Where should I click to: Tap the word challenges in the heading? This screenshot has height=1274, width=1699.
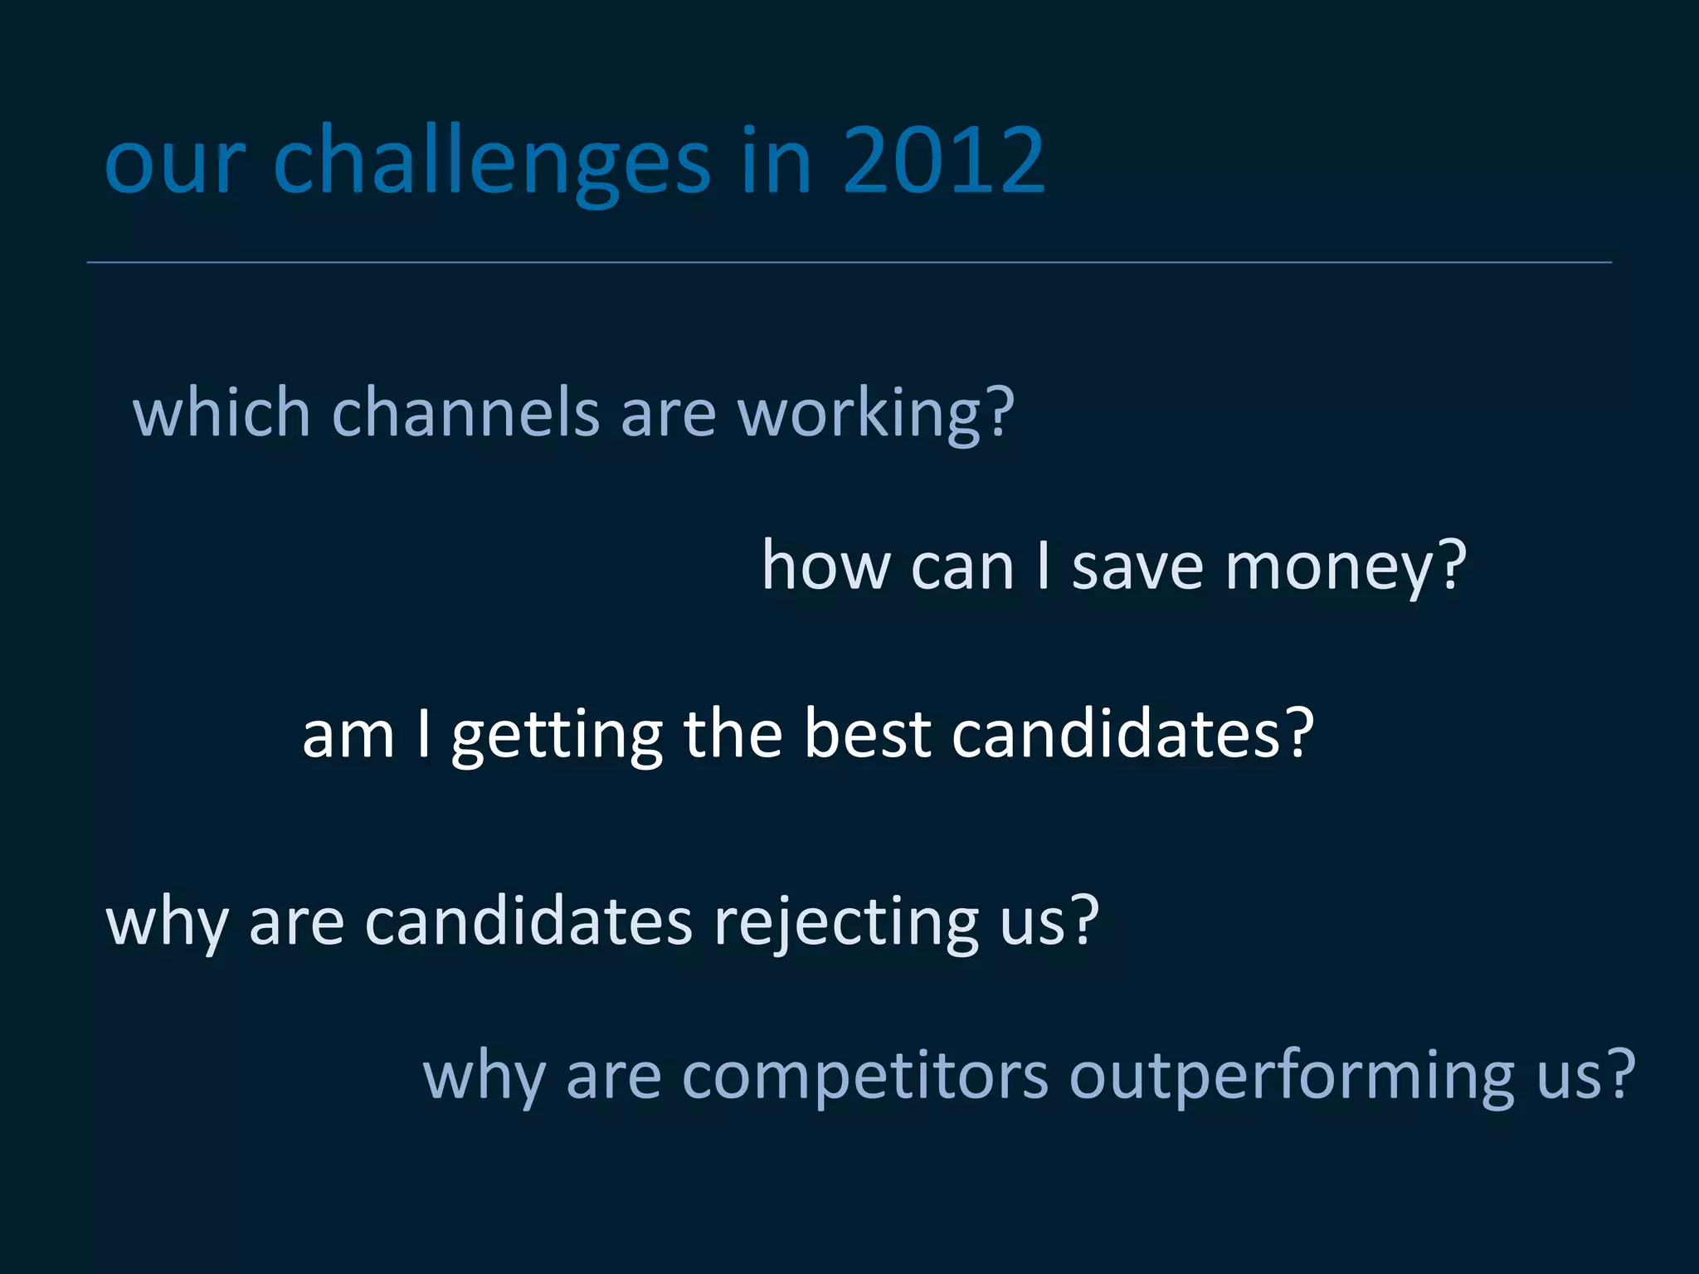491,162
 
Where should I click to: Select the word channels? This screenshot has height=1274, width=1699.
465,412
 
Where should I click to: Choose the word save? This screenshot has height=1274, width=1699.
1137,566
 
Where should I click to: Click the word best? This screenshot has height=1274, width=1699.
867,733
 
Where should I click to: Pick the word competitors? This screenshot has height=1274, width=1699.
865,1077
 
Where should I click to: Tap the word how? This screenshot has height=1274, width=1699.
825,566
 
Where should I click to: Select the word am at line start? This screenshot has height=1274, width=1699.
348,735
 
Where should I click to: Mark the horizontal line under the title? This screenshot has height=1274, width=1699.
849,262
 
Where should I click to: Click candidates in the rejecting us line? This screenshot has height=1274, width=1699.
528,921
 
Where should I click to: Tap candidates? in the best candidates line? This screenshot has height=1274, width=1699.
1132,733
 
